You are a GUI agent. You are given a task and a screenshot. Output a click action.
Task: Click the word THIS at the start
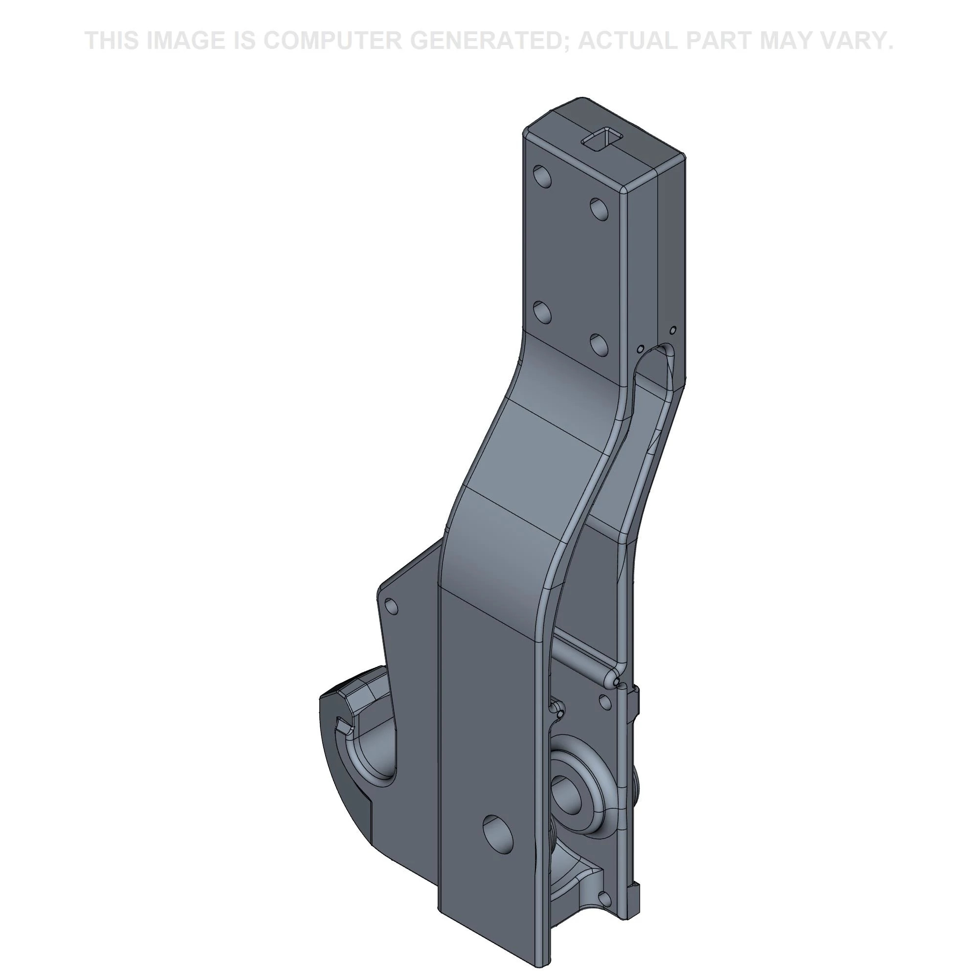[112, 41]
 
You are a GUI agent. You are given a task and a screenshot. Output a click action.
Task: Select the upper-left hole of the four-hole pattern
[543, 177]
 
